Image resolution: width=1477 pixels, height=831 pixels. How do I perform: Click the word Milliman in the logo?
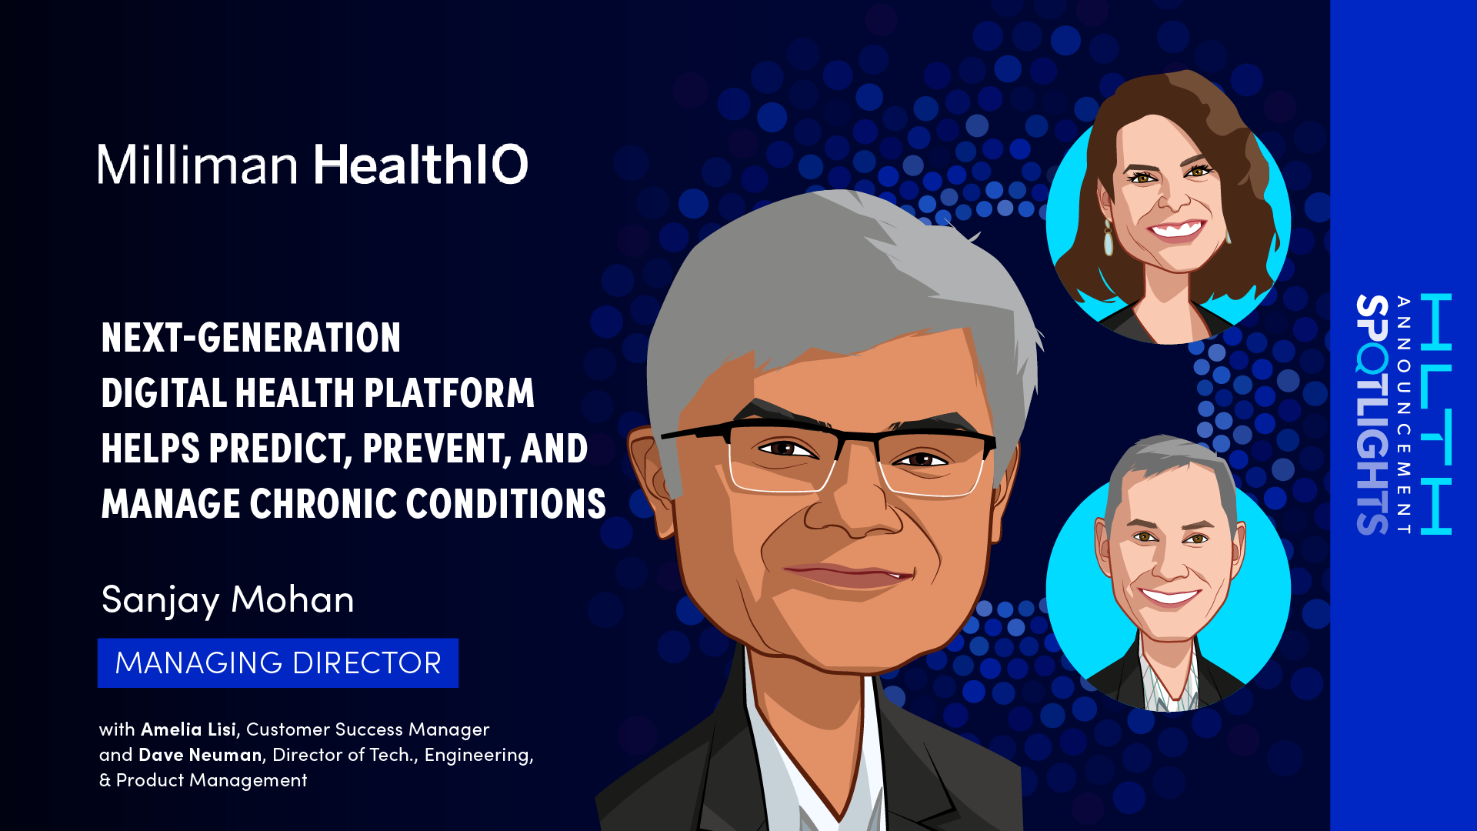click(197, 164)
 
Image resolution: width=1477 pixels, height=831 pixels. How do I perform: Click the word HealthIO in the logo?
click(421, 164)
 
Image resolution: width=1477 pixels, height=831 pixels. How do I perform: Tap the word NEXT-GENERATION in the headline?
click(251, 338)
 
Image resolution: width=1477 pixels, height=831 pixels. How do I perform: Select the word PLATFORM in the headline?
click(449, 393)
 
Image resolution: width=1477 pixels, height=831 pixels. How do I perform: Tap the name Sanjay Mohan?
click(228, 600)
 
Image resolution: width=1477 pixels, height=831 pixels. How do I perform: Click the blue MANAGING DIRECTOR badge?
click(278, 662)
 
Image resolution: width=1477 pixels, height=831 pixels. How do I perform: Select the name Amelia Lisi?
click(188, 729)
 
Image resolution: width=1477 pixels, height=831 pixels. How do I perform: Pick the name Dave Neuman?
click(200, 755)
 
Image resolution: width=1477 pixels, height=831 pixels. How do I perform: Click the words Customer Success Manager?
click(368, 729)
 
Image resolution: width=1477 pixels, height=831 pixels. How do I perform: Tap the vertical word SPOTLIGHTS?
click(1372, 414)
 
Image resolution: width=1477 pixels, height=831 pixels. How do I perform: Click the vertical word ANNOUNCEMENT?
click(1404, 414)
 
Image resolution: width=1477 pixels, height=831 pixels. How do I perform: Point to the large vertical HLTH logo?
click(1435, 414)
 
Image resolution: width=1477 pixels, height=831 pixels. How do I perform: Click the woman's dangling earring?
click(1109, 238)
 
